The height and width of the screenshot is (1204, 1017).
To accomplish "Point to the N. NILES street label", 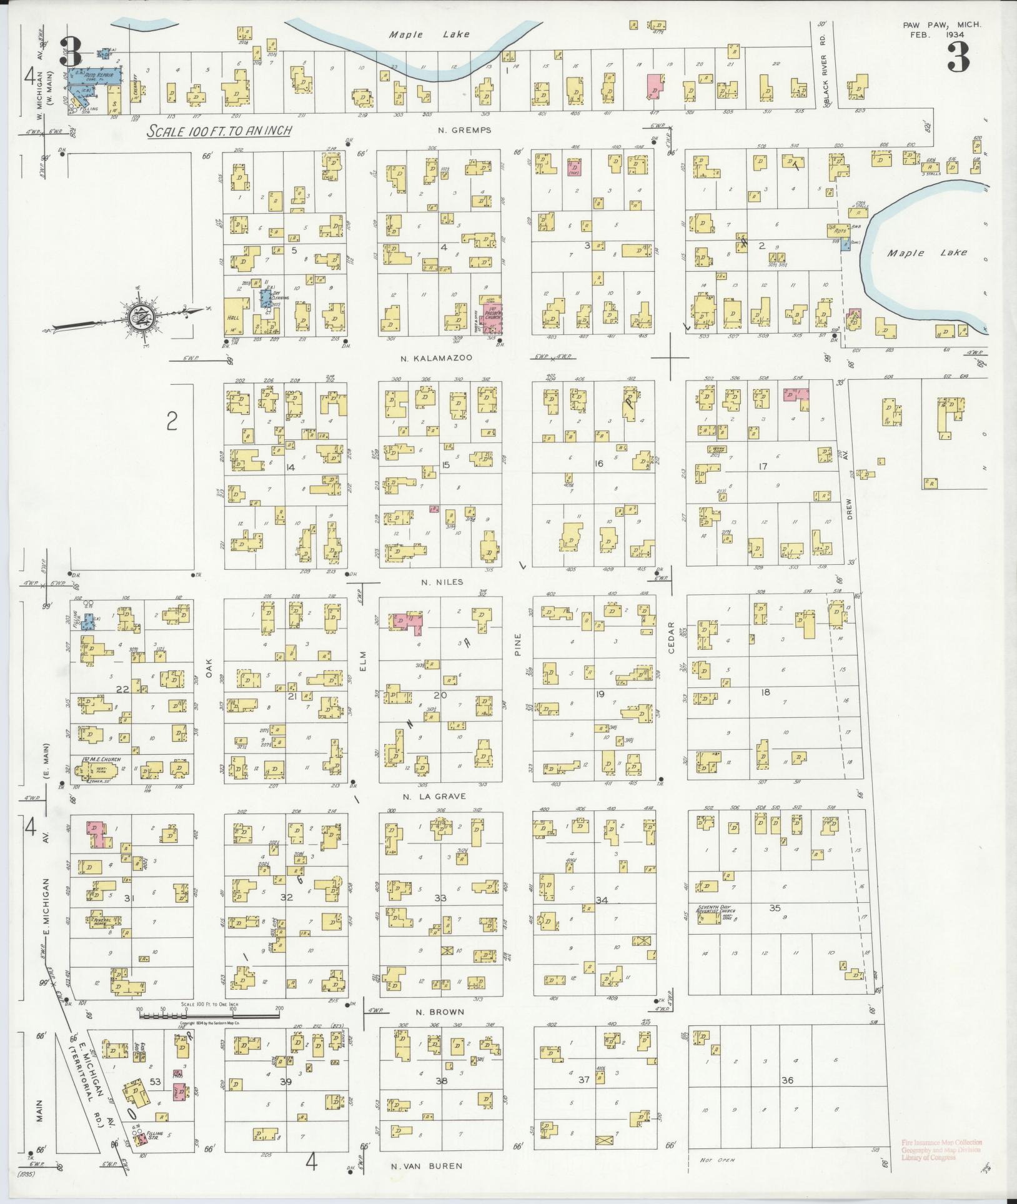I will [x=442, y=582].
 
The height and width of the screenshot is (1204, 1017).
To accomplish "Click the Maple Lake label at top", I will [x=429, y=35].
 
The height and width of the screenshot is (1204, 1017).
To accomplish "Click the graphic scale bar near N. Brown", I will [x=209, y=1017].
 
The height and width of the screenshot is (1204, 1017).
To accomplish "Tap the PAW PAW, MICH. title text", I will [x=942, y=25].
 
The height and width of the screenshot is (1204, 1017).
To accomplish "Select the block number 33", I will [x=440, y=898].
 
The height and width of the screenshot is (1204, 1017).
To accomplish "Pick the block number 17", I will [x=762, y=466].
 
